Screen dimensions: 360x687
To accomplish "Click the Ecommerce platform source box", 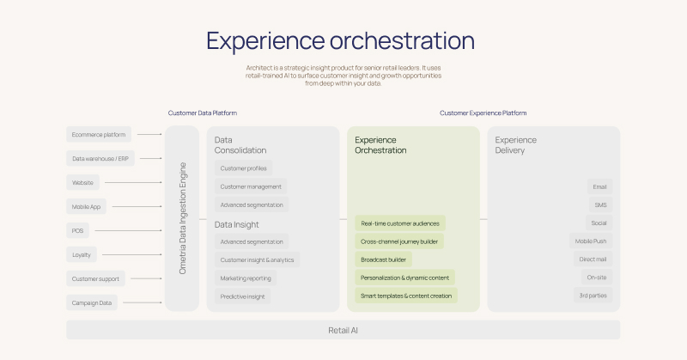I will click(x=99, y=134).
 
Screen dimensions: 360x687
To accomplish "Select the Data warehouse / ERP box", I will click(x=100, y=158).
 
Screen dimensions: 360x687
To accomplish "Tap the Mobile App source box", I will click(x=89, y=206).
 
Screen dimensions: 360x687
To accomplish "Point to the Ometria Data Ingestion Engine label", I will click(x=182, y=218).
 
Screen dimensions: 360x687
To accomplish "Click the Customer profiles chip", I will click(x=243, y=168).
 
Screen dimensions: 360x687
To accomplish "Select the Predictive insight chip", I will click(x=243, y=296).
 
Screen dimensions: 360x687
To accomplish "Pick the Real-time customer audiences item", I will click(x=400, y=223).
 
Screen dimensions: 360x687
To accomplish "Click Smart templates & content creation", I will click(x=406, y=296).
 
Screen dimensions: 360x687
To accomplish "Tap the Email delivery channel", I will click(x=599, y=186).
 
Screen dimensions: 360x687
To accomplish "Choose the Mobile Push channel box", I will click(x=591, y=241).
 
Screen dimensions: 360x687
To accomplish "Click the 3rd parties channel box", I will click(x=593, y=296).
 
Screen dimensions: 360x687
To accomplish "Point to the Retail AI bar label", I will click(x=343, y=330).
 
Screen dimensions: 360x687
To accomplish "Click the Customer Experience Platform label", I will click(x=483, y=113).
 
